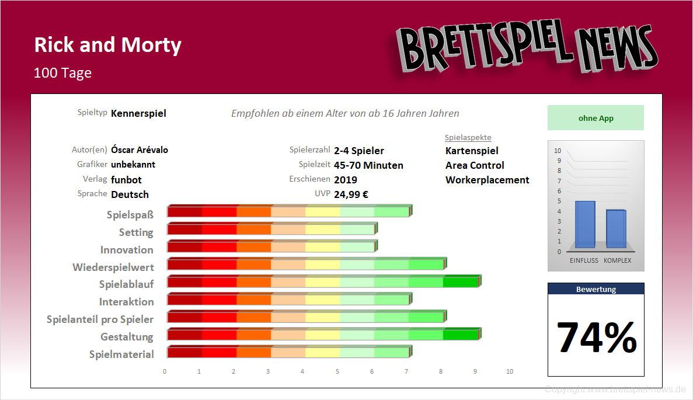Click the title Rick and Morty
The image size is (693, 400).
(107, 45)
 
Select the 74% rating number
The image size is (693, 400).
(596, 338)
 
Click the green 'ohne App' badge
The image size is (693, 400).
(596, 118)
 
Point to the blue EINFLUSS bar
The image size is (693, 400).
(585, 225)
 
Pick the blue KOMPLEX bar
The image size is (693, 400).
(616, 229)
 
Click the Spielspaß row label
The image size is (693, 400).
(130, 215)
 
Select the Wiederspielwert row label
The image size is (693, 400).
(113, 267)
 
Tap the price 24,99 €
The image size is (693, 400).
(351, 194)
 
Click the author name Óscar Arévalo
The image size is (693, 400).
(140, 150)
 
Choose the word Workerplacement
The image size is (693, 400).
(487, 180)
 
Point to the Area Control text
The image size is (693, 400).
(475, 165)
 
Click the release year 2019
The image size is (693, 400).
(345, 180)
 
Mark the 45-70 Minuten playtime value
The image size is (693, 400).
(368, 165)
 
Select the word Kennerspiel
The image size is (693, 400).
(138, 113)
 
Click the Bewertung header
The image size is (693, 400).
(596, 289)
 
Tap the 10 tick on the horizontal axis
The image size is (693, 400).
(510, 371)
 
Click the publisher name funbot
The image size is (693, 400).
(126, 180)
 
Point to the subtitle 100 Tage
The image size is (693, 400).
(62, 73)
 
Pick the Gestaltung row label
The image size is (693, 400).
(127, 337)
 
